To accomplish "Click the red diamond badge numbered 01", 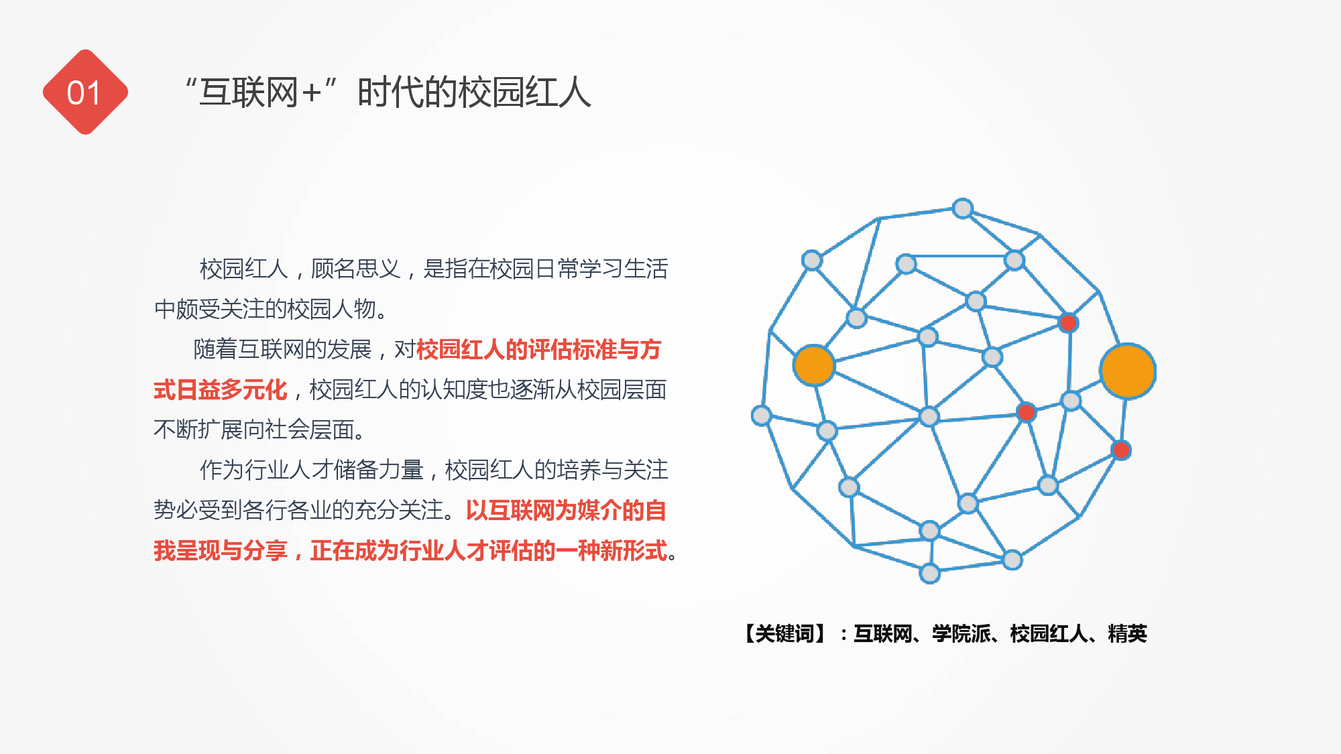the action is click(85, 92).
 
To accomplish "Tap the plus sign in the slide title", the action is click(311, 92).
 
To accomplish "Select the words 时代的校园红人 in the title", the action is click(474, 92).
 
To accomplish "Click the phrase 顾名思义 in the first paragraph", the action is click(355, 269).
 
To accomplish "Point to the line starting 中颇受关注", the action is click(272, 309).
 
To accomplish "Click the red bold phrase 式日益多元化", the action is click(221, 389).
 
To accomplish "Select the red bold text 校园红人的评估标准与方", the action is click(538, 349).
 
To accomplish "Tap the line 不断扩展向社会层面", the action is click(259, 430).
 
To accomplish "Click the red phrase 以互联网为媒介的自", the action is click(566, 510).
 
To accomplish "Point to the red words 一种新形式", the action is click(622, 550).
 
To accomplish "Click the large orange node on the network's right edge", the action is click(1128, 371).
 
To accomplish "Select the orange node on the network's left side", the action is click(813, 365).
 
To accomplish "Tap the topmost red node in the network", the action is click(1068, 323).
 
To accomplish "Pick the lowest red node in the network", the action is click(1121, 450).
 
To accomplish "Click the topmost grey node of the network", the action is click(963, 208).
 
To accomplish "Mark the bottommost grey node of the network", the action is click(930, 573).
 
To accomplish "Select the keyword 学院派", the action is click(961, 633).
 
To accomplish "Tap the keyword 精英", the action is click(1127, 633).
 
